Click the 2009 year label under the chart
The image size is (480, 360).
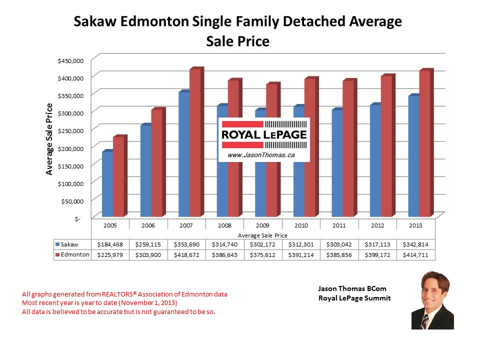262,225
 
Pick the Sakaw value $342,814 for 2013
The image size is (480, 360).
415,244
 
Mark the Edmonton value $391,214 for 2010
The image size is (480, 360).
301,254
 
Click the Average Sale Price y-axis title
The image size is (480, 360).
49,138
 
